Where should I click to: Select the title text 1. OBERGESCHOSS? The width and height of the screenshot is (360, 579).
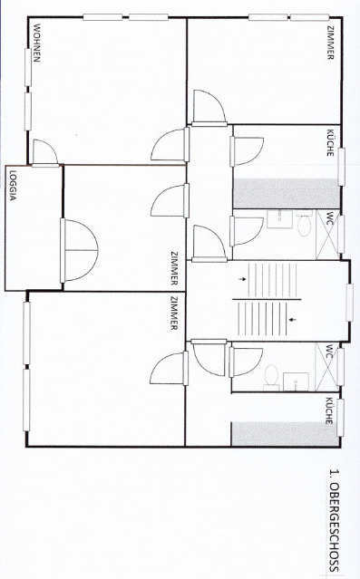click(x=333, y=520)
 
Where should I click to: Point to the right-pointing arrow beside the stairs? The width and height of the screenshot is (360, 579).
click(x=241, y=280)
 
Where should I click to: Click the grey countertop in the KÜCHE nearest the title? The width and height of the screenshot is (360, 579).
click(x=287, y=434)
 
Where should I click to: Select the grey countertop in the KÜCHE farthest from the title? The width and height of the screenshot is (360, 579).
click(x=287, y=194)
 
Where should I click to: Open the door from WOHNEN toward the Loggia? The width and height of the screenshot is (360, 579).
click(x=44, y=153)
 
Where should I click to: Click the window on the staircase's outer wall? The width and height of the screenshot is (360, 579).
click(x=349, y=301)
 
